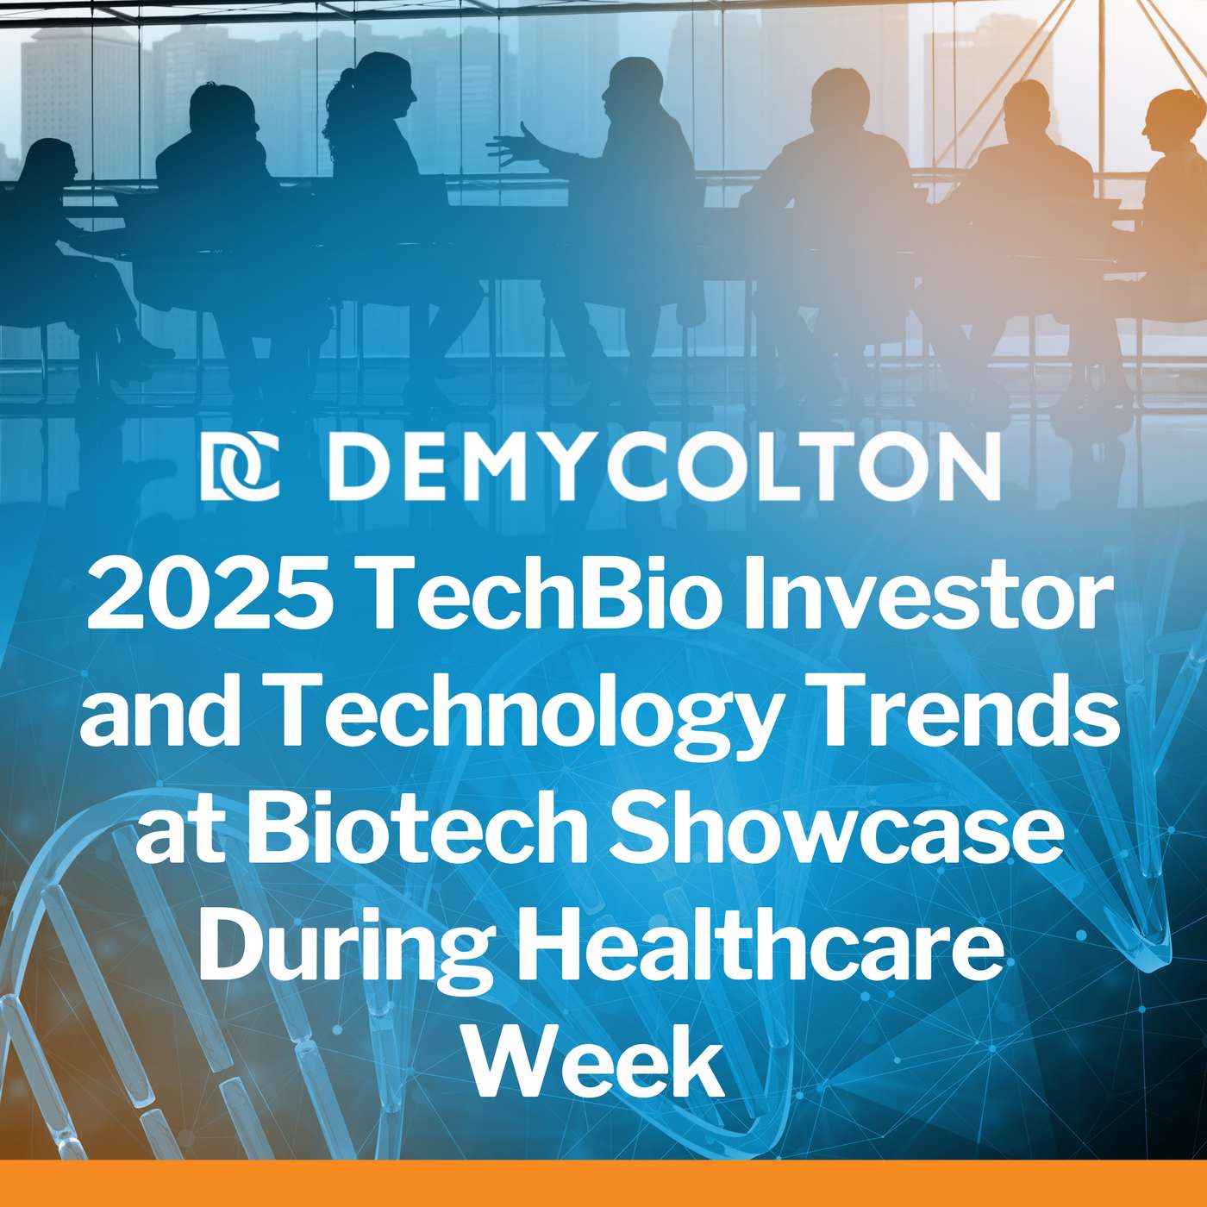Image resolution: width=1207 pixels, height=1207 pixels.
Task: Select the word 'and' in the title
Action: pyautogui.click(x=155, y=716)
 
